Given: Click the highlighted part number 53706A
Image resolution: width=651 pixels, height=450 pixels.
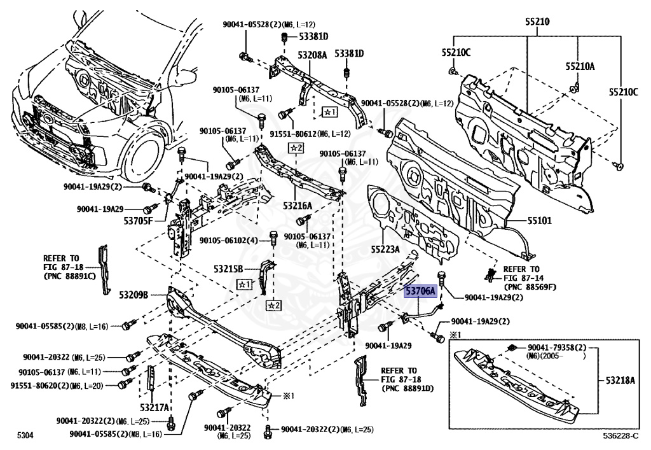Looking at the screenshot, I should [x=421, y=292].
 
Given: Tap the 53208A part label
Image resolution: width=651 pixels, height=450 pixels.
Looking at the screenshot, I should [x=313, y=55].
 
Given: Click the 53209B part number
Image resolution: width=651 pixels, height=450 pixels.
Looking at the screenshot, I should [x=132, y=295].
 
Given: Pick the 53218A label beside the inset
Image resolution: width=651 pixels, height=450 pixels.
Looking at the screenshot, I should [x=620, y=381].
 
